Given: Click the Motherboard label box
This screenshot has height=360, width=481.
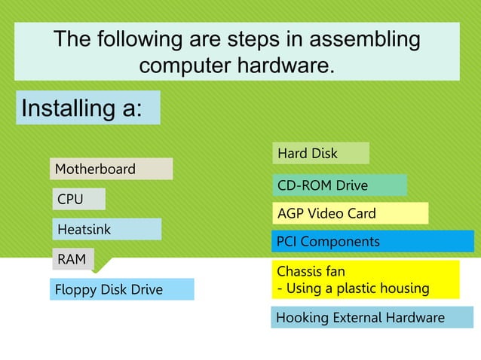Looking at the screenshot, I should pos(111,169).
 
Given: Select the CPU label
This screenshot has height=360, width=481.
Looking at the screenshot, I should pos(78,200).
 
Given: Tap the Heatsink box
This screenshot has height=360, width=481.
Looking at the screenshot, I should pos(106,229).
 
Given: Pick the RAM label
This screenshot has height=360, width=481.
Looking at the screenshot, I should pos(72,260).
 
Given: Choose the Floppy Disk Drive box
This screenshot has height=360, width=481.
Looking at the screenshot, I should pos(121,289).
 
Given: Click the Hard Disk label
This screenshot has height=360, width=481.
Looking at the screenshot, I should pos(320,154).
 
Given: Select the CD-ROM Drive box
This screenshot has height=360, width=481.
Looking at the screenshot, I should pos(339,185).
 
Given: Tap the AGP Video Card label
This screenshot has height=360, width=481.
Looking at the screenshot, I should pos(349,214).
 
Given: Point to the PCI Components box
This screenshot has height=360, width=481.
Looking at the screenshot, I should pos(372,242).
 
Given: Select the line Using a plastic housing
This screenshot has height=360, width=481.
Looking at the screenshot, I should pos(358,288).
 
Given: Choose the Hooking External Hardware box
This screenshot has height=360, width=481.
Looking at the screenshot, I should pos(372,318).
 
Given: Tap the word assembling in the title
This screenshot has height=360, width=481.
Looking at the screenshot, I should pos(361,39).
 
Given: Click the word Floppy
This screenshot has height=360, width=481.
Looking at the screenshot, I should pos(75,289).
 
